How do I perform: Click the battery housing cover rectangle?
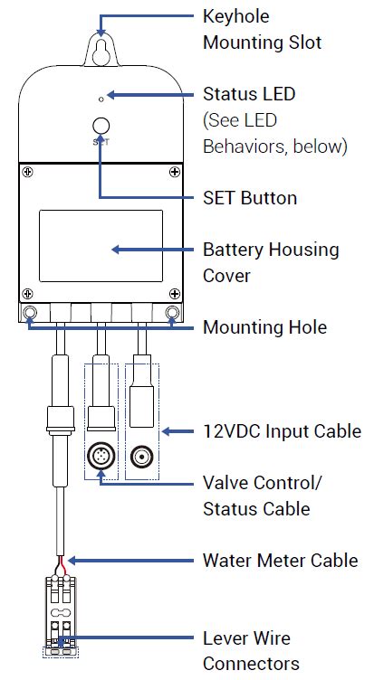coord(101,248)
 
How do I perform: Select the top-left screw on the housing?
coord(29,172)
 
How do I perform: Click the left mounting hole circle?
coord(30,314)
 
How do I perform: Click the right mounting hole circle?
coord(171,314)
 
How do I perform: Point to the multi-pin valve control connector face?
coord(101,458)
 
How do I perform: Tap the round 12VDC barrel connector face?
coord(140,458)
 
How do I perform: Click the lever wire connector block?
coord(61,615)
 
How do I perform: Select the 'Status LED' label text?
coord(249,94)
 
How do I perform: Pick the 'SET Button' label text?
coord(250,197)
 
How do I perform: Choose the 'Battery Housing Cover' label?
coord(271,261)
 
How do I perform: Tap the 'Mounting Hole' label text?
coord(264,326)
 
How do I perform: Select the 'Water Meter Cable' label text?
coord(281,561)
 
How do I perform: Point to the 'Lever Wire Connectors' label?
coord(251,651)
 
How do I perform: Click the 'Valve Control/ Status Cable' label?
coord(262,496)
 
